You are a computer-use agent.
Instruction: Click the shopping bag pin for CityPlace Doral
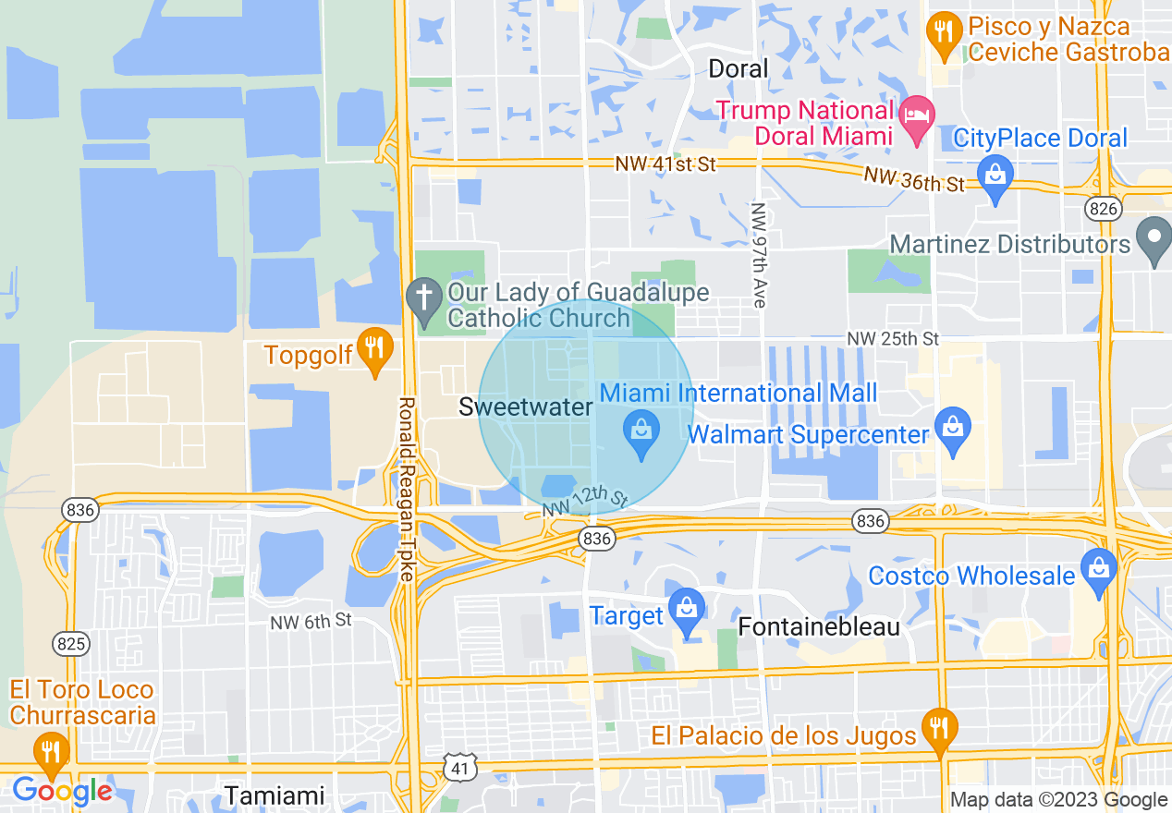tap(995, 176)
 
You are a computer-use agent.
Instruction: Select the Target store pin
tap(687, 610)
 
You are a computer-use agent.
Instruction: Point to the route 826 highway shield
tap(1104, 209)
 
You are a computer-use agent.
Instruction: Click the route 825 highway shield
tap(71, 644)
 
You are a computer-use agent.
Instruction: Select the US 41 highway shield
tap(459, 766)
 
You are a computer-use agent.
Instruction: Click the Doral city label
tap(738, 68)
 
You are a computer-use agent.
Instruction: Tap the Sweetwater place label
tap(525, 406)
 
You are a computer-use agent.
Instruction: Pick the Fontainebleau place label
tap(819, 627)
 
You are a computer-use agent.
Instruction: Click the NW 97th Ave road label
tap(759, 255)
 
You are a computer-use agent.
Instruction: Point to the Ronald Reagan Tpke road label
tap(406, 490)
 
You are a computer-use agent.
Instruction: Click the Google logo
tap(62, 791)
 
